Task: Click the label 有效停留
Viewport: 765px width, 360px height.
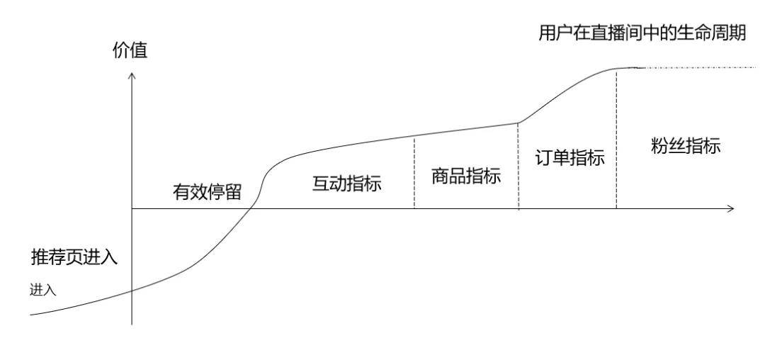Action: coord(208,191)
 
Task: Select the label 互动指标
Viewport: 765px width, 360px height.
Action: coord(347,184)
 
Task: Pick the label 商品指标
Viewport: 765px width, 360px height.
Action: coord(466,176)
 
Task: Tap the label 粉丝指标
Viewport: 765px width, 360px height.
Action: coord(686,147)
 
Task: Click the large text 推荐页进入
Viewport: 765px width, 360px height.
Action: coord(74,257)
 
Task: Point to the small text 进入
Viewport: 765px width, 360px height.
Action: coord(43,289)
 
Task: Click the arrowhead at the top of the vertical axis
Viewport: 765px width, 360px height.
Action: coord(132,74)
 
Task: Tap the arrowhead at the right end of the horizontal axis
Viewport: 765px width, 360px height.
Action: coord(731,209)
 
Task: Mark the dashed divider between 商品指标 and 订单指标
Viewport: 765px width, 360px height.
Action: coord(518,166)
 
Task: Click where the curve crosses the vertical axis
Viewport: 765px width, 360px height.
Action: coord(132,291)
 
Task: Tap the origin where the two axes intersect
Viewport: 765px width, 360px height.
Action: coord(132,209)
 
